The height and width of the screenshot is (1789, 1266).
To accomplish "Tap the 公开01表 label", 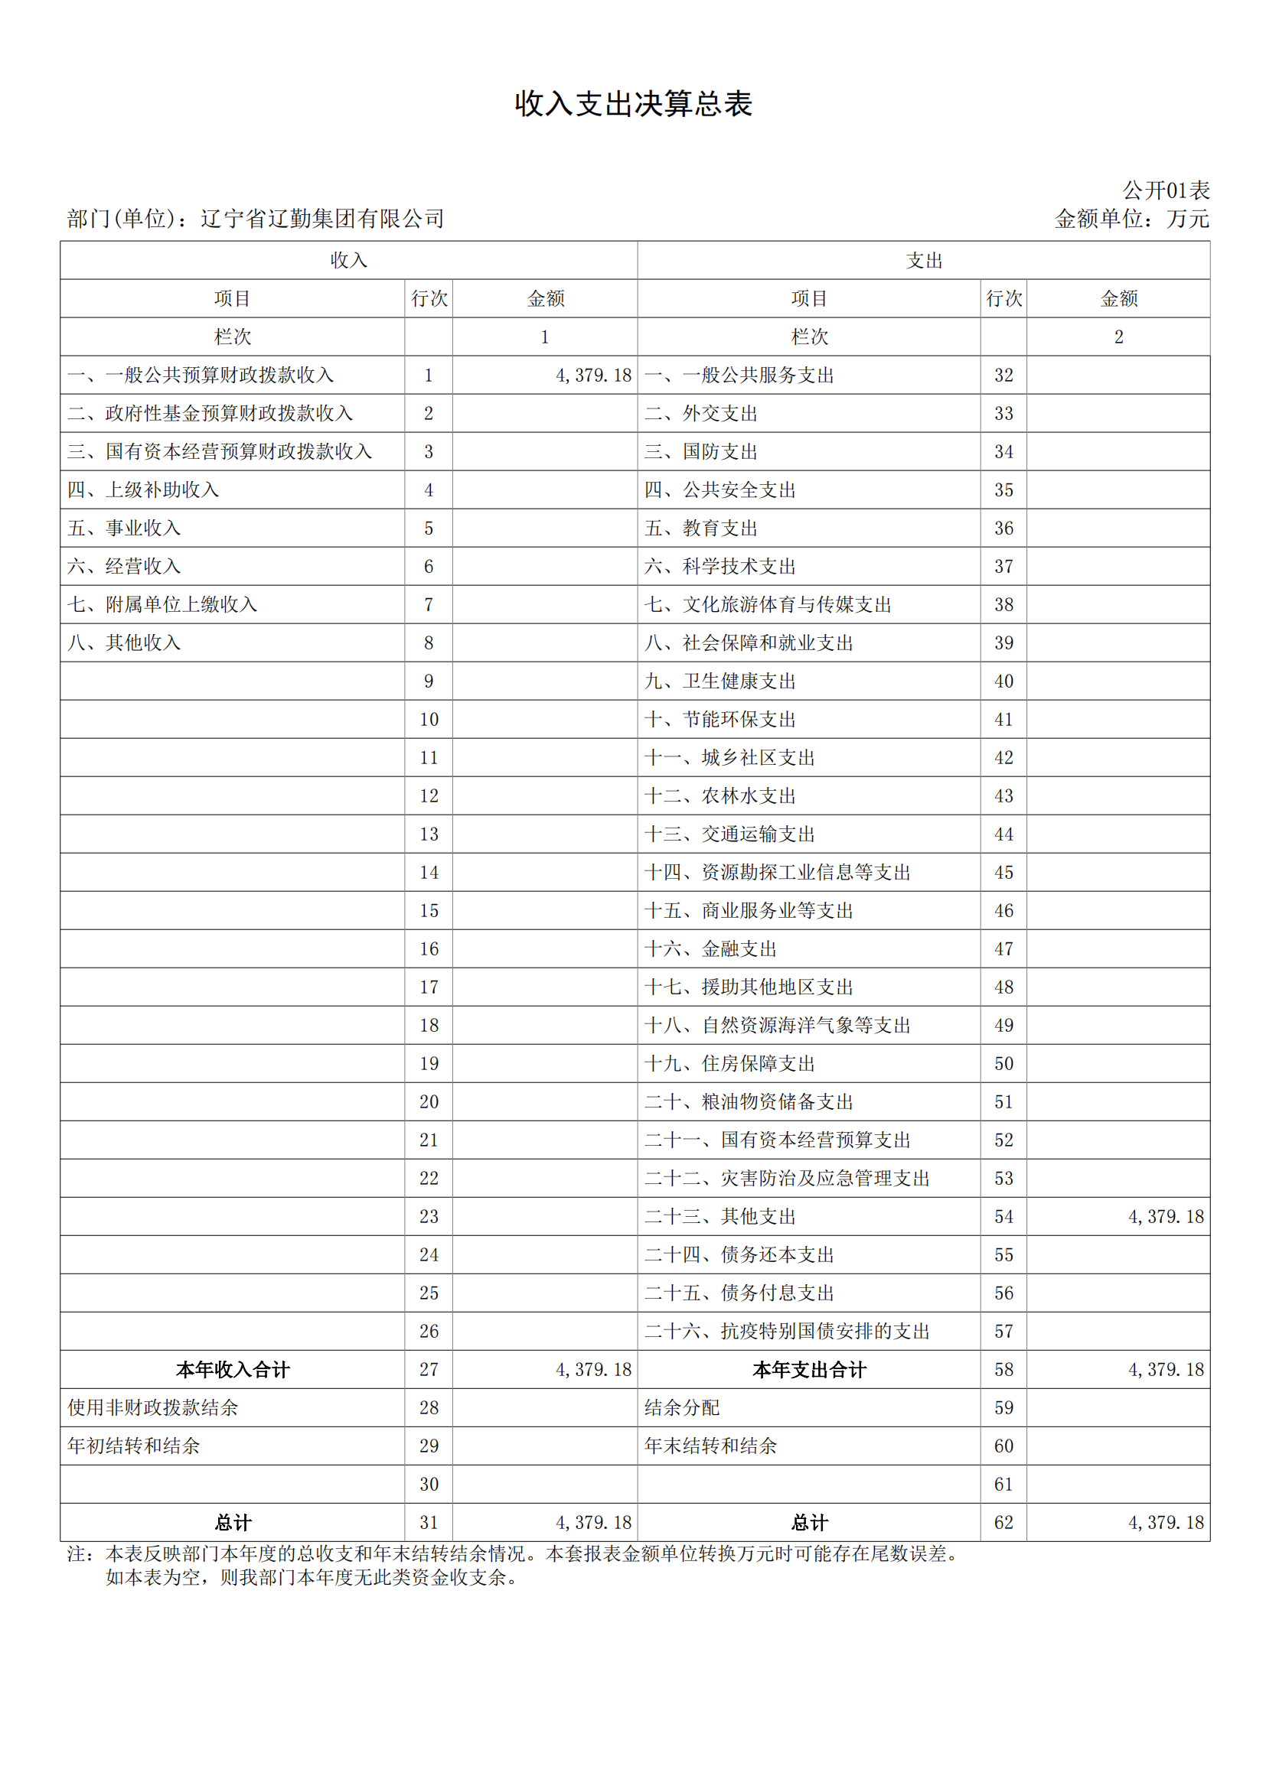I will point(1166,190).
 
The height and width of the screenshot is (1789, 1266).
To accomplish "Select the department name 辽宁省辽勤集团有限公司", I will point(322,219).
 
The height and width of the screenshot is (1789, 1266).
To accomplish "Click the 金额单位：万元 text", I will point(1131,219).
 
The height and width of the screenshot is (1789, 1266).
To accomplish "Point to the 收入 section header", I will point(348,260).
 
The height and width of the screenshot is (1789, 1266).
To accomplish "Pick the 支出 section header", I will point(924,260).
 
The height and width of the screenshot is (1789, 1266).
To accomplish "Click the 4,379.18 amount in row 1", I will point(593,376).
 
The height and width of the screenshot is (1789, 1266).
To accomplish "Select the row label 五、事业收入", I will point(124,529).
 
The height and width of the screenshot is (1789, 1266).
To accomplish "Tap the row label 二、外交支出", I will point(701,414).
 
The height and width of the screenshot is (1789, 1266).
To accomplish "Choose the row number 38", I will point(1003,605).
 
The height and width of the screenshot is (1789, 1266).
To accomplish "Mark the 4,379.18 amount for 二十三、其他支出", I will point(1166,1216).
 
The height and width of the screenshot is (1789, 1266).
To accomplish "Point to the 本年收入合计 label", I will point(233,1370).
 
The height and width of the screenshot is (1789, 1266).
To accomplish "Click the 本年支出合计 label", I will point(809,1370).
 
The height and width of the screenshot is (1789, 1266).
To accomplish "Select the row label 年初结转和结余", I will point(133,1446).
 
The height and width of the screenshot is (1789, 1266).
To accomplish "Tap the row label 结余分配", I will point(682,1408).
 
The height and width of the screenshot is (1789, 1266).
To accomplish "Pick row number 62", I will point(1003,1523).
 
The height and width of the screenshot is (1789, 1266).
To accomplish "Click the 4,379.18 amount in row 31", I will point(593,1523).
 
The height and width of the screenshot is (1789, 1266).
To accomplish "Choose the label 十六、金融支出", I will point(710,949).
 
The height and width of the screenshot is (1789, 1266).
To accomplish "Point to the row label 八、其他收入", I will point(124,642).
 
